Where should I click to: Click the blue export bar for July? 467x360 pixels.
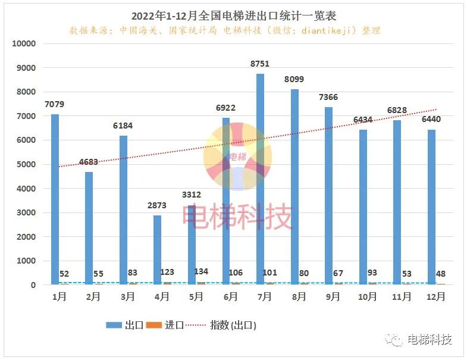260,179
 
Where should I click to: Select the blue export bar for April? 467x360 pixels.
157,250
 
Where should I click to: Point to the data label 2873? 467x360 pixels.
157,205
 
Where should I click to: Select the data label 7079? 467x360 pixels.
54,104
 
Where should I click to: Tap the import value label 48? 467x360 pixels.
441,274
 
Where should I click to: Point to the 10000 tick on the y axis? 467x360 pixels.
24,44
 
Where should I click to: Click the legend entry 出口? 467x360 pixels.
125,325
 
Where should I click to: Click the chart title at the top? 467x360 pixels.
233,14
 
